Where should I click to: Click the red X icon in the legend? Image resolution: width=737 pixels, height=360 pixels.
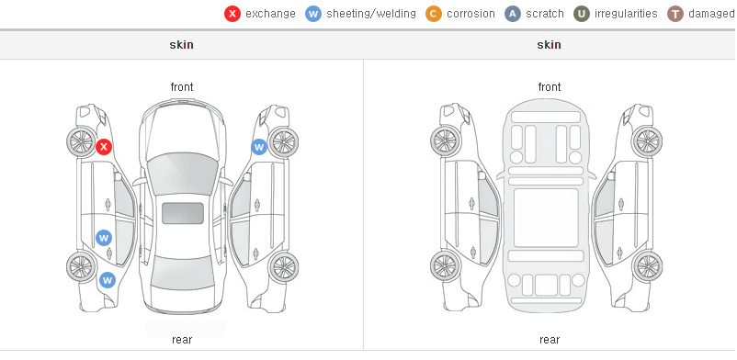tap(232, 14)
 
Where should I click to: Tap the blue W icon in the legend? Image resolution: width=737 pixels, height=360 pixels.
tap(313, 14)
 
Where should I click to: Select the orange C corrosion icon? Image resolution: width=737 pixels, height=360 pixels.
tap(434, 14)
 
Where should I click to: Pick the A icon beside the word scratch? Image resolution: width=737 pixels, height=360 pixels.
tap(513, 14)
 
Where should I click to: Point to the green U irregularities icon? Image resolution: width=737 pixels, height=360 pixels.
tap(582, 14)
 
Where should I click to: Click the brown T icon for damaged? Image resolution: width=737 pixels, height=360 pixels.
tap(675, 14)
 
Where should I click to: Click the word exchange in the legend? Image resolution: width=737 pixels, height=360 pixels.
tap(270, 14)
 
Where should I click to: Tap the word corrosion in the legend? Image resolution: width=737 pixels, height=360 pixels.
tap(471, 14)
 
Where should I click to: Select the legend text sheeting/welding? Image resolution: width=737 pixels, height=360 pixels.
tap(371, 14)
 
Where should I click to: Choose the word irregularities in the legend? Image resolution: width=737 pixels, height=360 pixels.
tap(626, 14)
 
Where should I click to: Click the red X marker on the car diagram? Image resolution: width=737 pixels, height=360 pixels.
tap(104, 147)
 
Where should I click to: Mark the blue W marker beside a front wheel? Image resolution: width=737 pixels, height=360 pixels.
tap(259, 147)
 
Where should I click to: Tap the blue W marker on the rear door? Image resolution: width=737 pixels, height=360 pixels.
tap(104, 238)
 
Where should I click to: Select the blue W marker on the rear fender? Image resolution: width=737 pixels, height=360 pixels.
tap(108, 280)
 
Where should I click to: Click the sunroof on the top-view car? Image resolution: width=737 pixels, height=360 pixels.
tap(183, 213)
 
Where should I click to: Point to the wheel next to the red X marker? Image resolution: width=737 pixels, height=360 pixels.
tap(81, 141)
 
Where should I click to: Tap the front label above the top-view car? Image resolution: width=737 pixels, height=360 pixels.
tap(182, 87)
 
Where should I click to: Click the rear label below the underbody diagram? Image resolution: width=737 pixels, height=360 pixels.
tap(550, 340)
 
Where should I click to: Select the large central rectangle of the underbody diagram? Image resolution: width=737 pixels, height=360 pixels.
tap(546, 218)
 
